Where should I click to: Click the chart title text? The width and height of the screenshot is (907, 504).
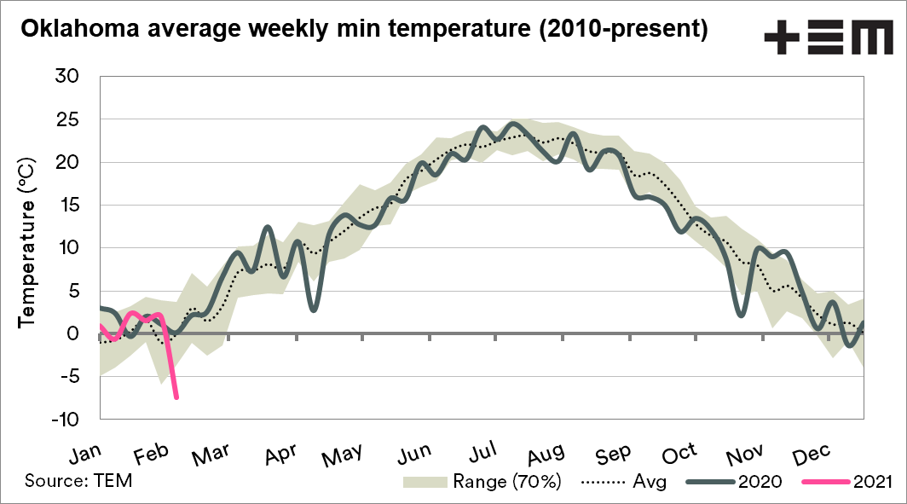pos(364,29)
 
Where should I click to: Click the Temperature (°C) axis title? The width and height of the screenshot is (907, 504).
pos(26,240)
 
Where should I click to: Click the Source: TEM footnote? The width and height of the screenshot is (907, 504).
pos(78,480)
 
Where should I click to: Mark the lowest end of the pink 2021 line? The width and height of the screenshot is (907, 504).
pos(176,397)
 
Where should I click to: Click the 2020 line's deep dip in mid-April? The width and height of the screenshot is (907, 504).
pos(314,310)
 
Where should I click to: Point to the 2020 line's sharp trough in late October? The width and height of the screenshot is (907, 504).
pos(742,315)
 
